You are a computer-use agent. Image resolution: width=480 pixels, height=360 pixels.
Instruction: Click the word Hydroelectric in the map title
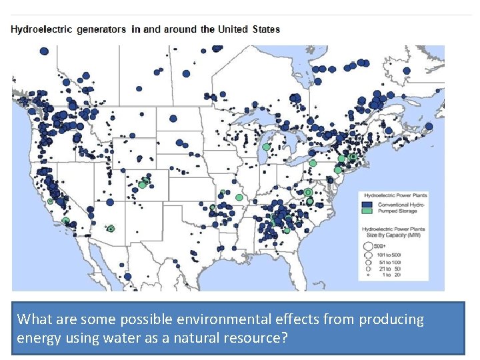click(x=41, y=29)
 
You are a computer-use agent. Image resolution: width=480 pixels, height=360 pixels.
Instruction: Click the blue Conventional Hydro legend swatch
click(x=366, y=204)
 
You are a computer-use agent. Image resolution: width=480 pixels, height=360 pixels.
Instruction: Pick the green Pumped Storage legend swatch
click(x=366, y=211)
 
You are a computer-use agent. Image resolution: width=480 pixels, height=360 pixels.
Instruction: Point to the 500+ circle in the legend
click(x=367, y=247)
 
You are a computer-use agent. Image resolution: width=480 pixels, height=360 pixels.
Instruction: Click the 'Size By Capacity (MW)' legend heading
click(x=393, y=232)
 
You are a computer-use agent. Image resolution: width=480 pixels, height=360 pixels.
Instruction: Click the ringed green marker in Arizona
click(x=111, y=229)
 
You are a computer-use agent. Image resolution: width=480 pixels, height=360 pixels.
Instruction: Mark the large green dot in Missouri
click(x=239, y=197)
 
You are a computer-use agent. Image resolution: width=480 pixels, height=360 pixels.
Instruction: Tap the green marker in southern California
click(x=65, y=221)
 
